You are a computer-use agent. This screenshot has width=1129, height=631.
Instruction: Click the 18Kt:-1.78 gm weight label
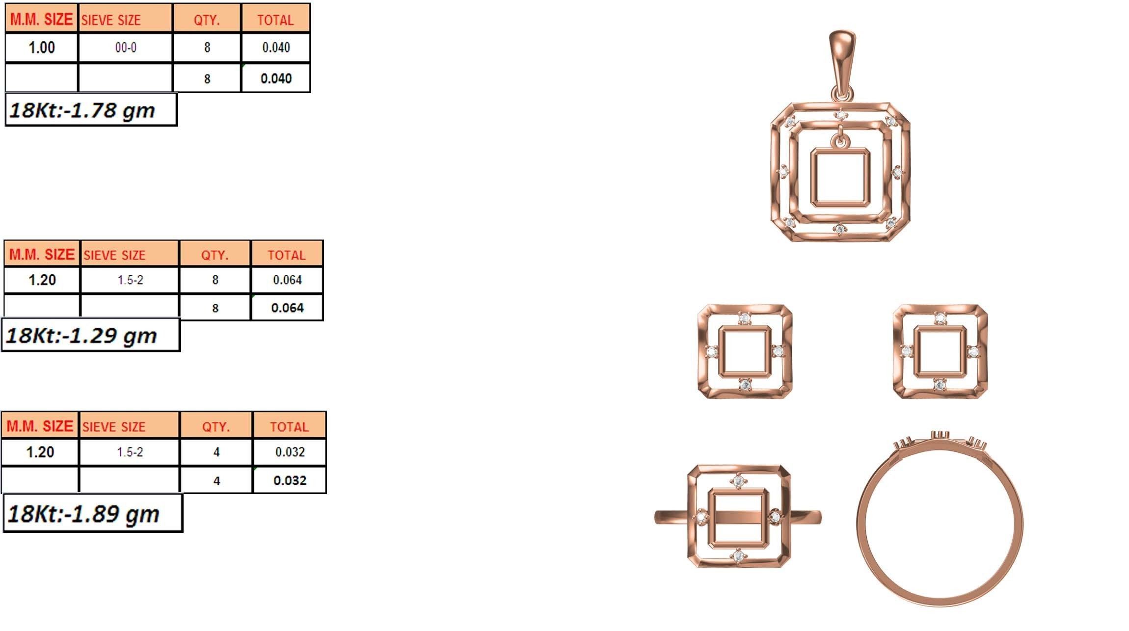91,110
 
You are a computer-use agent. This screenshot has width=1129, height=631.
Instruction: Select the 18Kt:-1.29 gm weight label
91,336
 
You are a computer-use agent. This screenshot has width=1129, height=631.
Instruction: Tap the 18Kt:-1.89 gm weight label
92,514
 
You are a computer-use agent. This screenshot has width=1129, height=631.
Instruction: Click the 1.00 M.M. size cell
42,48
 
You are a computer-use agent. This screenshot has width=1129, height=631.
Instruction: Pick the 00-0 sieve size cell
126,48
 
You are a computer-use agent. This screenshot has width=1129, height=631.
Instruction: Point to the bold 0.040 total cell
276,79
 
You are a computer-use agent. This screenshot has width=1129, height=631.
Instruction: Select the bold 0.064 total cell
287,308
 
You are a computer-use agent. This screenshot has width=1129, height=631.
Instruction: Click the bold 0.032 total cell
290,480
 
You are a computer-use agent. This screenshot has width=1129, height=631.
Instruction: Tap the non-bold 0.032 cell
290,452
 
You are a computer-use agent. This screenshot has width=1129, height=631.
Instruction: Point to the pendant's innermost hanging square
840,177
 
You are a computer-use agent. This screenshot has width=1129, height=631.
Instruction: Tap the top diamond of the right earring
940,318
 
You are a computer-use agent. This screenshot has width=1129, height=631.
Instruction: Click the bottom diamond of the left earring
745,385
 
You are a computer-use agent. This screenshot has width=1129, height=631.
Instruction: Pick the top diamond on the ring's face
739,482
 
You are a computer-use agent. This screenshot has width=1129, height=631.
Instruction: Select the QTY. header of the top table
207,20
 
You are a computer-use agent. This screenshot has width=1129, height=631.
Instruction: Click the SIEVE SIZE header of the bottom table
114,427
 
